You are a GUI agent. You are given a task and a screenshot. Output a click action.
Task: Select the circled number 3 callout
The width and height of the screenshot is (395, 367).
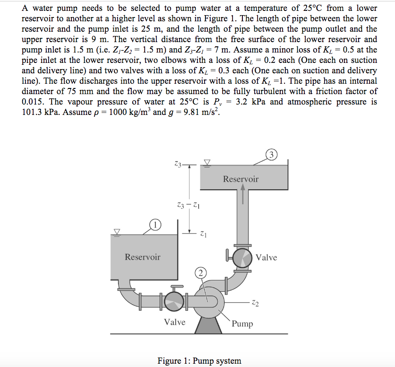(x=271, y=155)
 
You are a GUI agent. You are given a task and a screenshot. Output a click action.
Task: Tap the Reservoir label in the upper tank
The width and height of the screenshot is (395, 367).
(x=240, y=179)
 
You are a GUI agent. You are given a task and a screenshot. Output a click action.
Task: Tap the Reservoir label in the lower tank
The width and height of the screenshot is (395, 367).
(x=142, y=257)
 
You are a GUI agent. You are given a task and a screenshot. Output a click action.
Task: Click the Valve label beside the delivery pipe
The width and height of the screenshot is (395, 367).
(x=266, y=257)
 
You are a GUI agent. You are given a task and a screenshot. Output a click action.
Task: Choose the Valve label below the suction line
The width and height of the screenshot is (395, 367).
(x=174, y=322)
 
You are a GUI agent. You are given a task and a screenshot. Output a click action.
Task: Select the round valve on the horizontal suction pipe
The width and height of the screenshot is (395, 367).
(x=172, y=300)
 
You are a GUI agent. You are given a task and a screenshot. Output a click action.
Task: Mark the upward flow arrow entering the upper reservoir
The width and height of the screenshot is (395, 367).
(x=243, y=194)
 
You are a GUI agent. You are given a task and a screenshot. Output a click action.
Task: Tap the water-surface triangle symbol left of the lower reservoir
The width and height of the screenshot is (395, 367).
(x=116, y=231)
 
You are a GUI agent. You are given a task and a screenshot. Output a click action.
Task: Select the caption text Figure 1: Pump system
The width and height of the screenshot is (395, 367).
(x=198, y=361)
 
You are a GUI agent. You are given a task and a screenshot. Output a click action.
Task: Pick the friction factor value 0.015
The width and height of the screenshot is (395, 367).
(x=34, y=102)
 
